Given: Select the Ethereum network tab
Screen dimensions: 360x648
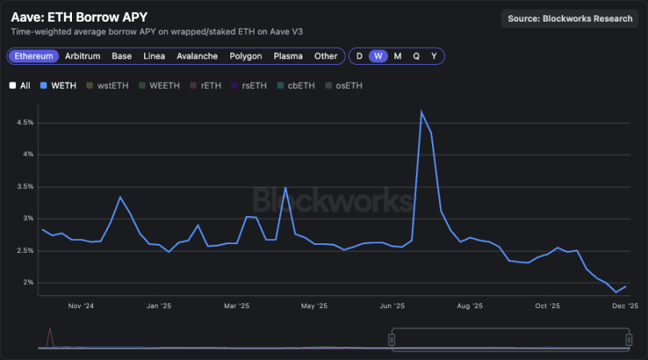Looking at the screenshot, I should tap(34, 56).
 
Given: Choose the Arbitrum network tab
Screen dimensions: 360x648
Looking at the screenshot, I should tap(82, 56).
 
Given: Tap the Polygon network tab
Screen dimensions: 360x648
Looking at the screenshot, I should tap(246, 56).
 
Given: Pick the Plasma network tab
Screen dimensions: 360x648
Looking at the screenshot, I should tap(288, 56).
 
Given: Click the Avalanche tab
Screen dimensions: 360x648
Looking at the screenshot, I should tap(197, 56).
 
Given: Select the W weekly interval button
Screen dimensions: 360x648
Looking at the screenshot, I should tap(378, 56).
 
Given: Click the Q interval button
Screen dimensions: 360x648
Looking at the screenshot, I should tap(416, 56).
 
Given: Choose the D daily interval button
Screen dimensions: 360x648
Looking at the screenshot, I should tap(359, 56).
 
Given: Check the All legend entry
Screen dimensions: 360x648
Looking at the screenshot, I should tap(20, 85).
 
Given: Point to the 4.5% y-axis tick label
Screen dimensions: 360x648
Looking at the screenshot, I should tap(24, 122).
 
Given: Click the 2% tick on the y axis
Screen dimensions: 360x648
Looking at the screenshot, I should tap(28, 282).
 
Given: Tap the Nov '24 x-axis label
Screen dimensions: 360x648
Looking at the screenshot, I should tap(82, 306).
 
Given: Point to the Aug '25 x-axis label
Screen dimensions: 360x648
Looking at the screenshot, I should tap(470, 306).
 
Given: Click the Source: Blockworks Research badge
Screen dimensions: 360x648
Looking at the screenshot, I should tap(570, 18).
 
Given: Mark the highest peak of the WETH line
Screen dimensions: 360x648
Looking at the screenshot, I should tap(421, 111).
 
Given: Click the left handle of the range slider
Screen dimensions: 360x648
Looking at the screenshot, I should tap(392, 340).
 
